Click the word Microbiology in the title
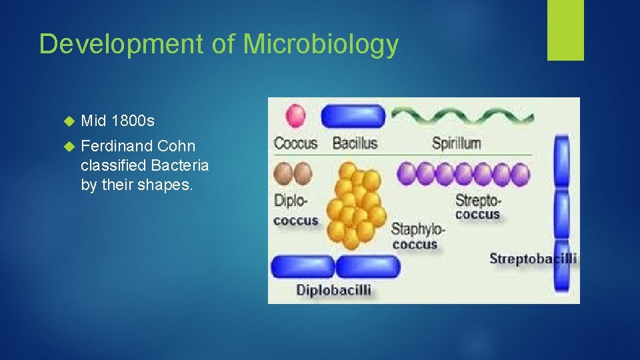[x=321, y=45]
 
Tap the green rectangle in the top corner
[x=565, y=29]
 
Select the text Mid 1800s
[x=117, y=121]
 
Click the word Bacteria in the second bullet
[x=182, y=165]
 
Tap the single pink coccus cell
[x=295, y=116]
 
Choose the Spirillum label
[x=456, y=143]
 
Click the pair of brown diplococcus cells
[x=293, y=174]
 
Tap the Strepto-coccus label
[x=477, y=207]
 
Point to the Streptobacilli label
[x=533, y=259]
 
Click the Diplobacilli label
[x=333, y=290]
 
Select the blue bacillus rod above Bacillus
[x=353, y=116]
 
